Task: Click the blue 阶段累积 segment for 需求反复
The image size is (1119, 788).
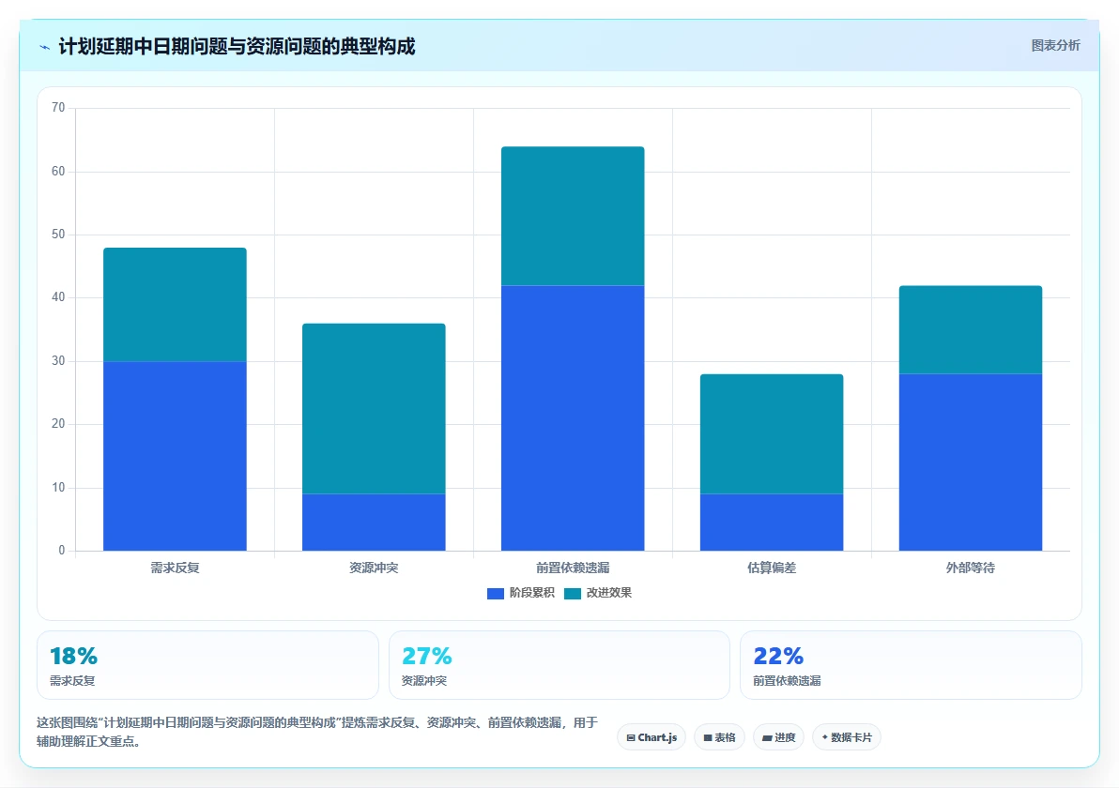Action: (175, 456)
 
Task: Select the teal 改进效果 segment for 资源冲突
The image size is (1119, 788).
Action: (374, 409)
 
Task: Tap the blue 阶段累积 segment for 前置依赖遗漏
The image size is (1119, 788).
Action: (573, 417)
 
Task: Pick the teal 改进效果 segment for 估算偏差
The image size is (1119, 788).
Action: (772, 433)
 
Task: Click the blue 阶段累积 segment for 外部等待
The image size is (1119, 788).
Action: (971, 462)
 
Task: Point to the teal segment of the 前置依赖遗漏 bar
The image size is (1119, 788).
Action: (573, 216)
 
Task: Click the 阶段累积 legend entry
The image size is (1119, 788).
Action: (520, 593)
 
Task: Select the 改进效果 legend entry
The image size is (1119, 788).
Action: (598, 593)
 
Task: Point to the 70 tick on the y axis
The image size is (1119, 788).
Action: (58, 108)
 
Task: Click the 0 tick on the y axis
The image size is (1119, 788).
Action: (61, 551)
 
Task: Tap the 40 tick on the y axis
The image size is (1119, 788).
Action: (58, 297)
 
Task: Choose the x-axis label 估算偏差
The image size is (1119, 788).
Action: (772, 568)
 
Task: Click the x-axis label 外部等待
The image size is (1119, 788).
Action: (971, 568)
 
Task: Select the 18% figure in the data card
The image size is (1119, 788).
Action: (73, 656)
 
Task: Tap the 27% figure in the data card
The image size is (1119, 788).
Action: (427, 656)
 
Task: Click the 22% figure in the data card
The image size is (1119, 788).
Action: (778, 656)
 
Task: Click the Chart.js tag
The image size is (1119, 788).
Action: (651, 737)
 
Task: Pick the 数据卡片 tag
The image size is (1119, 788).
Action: (847, 737)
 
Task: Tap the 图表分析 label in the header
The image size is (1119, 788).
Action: (1055, 46)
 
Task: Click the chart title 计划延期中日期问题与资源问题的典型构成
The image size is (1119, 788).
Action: (237, 47)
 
